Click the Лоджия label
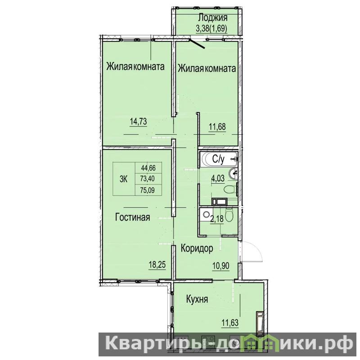[212, 18]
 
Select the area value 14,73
[138, 121]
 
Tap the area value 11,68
[217, 126]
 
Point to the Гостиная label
[132, 217]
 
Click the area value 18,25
[157, 265]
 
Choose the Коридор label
[197, 248]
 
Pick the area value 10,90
[221, 266]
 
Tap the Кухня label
[197, 299]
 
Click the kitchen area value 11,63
[230, 323]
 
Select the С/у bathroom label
[218, 159]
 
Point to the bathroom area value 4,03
[218, 178]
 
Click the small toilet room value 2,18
[217, 219]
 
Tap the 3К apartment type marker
[123, 179]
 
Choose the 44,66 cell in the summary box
[148, 168]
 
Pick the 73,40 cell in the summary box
[148, 178]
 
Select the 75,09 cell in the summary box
[148, 190]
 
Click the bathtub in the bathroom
[218, 159]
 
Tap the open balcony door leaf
[197, 44]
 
